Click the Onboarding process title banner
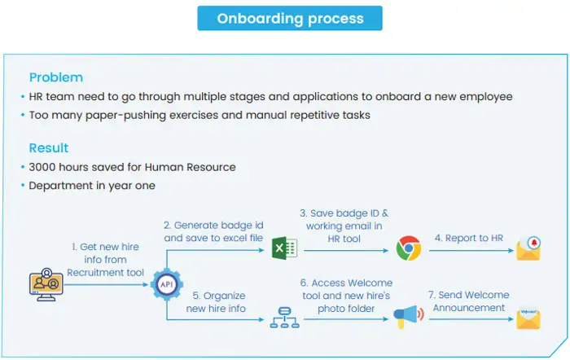[x=289, y=18]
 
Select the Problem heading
[x=55, y=77]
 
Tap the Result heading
[x=49, y=148]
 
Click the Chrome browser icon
[x=408, y=248]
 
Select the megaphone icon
[x=406, y=318]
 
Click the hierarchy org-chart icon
[x=283, y=318]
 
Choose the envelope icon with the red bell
[x=528, y=248]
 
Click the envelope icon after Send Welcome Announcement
[x=528, y=318]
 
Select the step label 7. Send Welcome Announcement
[x=468, y=301]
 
